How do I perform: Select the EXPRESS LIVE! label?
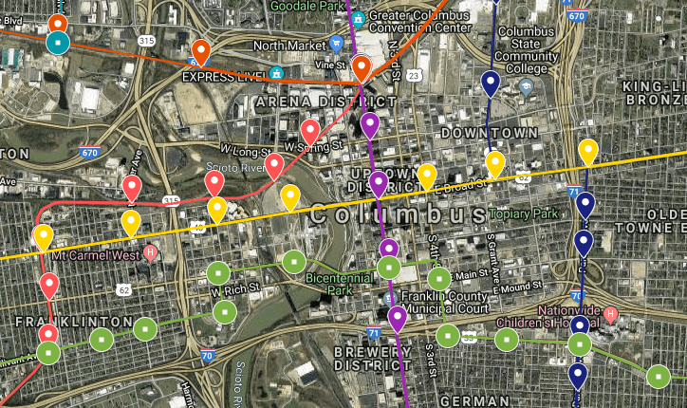(x=224, y=76)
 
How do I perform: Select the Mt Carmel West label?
(x=96, y=254)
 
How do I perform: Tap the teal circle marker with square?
(x=58, y=43)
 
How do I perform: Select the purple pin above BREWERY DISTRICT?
(x=397, y=319)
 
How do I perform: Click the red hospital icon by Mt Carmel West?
(x=151, y=253)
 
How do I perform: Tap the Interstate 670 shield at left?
(x=90, y=152)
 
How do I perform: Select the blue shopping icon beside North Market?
(x=335, y=44)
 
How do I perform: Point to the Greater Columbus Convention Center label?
(x=420, y=21)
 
